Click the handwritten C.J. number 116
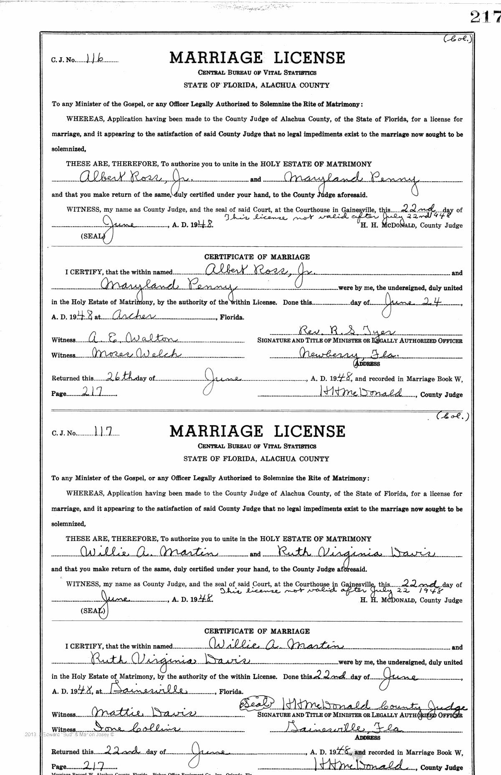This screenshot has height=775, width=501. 96,59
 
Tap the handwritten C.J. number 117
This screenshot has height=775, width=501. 99,433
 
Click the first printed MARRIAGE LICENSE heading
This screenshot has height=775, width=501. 257,58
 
